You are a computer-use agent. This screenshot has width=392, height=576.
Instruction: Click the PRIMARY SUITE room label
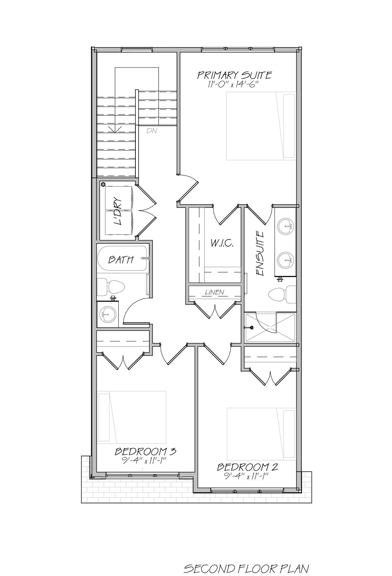tap(234, 75)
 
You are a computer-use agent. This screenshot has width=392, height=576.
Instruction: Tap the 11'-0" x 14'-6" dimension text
tap(233, 84)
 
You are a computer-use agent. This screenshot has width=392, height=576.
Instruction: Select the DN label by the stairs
tap(152, 130)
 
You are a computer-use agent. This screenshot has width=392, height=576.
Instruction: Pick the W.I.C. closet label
tap(222, 243)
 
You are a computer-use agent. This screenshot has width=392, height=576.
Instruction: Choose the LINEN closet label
tap(214, 292)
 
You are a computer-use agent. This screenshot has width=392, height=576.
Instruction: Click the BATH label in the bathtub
tap(121, 260)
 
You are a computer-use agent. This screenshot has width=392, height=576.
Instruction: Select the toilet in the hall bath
tap(111, 287)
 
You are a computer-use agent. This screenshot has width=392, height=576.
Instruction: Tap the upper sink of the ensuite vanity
tap(285, 226)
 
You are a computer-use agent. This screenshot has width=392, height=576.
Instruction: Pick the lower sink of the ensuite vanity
tap(285, 260)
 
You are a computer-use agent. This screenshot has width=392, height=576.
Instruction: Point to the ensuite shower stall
tap(270, 327)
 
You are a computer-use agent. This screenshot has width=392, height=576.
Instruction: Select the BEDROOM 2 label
tap(247, 467)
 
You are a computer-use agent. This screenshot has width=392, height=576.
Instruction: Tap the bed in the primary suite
tap(261, 126)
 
